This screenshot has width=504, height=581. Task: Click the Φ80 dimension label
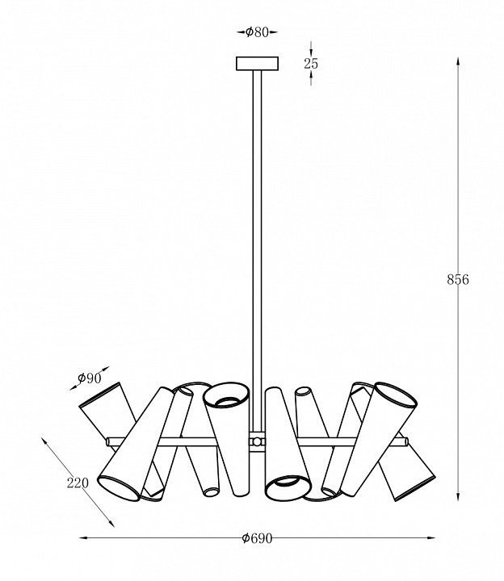(x=257, y=32)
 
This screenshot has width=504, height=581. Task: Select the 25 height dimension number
(x=311, y=64)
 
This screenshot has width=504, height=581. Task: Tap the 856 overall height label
(x=458, y=280)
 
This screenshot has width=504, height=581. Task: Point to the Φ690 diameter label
(x=257, y=538)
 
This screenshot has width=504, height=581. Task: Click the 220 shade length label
(x=78, y=483)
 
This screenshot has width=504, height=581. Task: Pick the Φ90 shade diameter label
(x=90, y=378)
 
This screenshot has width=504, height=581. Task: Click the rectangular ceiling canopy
(x=257, y=64)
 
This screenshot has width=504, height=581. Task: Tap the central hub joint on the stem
(x=257, y=441)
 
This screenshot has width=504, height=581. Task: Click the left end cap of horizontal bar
(x=108, y=441)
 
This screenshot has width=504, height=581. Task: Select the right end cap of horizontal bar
(x=406, y=441)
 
